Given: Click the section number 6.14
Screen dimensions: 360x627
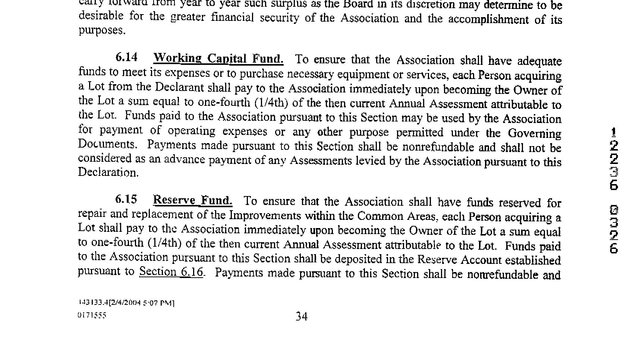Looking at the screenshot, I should [126, 57].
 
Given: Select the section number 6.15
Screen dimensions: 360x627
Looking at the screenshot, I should [126, 199].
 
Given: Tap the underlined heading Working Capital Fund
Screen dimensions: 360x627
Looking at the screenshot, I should [218, 59].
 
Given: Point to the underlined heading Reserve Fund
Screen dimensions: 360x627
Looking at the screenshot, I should [192, 200].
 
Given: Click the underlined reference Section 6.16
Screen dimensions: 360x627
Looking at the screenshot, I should [171, 272].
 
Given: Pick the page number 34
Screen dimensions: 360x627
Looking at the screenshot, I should [302, 316].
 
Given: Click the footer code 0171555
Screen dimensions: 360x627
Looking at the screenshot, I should [92, 315].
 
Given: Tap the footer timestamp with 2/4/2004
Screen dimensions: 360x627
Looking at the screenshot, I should [126, 303].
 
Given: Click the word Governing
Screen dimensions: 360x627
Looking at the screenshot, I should [534, 133].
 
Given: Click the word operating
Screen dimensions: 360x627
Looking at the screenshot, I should [191, 131].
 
